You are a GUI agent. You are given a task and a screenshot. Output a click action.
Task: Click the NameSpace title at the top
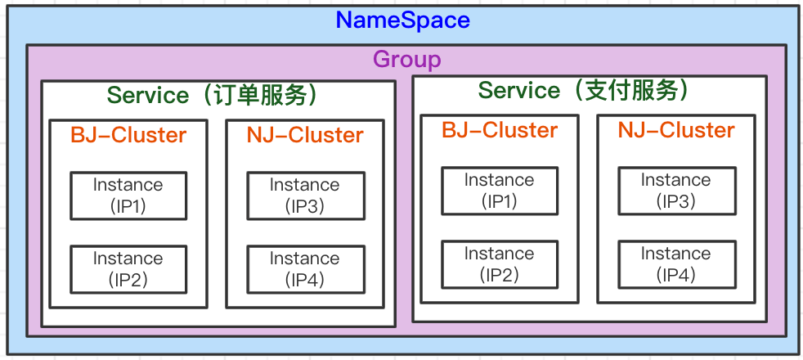click(403, 20)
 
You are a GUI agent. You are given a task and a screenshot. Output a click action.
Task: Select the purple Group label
click(406, 60)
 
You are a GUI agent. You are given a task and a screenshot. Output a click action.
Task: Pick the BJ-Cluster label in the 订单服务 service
click(128, 134)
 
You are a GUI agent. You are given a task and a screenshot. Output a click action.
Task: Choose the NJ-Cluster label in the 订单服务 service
click(305, 134)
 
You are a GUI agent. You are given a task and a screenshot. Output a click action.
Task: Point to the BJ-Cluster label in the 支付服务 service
click(500, 130)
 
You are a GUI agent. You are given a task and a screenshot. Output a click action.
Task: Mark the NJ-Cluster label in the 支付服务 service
click(676, 130)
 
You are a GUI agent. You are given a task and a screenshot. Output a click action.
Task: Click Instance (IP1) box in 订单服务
click(128, 196)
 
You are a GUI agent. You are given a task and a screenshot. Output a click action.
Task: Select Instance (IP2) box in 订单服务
click(128, 269)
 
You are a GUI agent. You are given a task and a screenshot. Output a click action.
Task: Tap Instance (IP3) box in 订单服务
click(305, 196)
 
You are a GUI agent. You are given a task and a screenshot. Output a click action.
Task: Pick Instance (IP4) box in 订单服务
click(305, 269)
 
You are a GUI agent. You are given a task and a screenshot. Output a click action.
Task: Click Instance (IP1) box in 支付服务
click(500, 191)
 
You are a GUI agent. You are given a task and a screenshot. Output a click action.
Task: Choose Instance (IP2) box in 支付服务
click(500, 264)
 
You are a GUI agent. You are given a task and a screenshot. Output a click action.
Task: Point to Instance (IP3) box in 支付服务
click(676, 191)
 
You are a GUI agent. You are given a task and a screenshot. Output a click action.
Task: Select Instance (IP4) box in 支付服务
click(676, 264)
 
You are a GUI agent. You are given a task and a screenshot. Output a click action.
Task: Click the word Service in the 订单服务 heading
click(148, 95)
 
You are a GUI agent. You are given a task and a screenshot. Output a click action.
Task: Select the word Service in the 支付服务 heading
click(519, 90)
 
